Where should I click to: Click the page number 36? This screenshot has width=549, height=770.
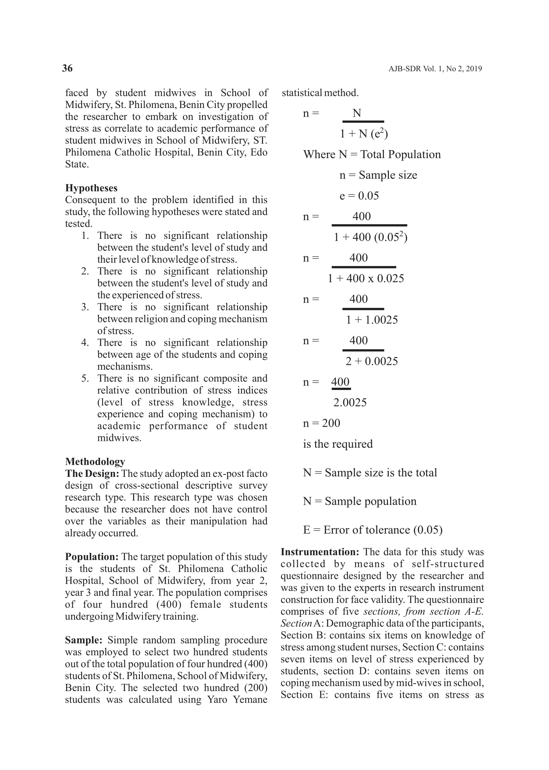[x=67, y=68]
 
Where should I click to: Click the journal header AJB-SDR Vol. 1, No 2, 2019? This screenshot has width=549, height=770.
[x=435, y=69]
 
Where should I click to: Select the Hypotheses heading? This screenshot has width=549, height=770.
[x=91, y=188]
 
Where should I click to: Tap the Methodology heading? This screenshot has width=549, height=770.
[x=95, y=462]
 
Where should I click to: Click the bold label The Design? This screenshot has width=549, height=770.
[x=92, y=474]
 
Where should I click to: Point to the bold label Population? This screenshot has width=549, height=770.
[x=91, y=557]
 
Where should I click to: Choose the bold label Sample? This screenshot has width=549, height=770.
[x=83, y=640]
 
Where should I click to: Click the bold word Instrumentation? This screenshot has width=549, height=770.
[x=320, y=552]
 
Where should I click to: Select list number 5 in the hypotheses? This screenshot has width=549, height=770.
[x=85, y=378]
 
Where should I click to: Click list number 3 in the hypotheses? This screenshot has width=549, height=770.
[x=85, y=307]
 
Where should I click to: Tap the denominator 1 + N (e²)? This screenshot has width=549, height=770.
[x=364, y=134]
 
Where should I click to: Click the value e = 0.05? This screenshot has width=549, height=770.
[x=359, y=196]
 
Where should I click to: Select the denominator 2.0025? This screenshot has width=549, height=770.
[x=350, y=403]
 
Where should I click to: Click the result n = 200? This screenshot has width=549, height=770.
[x=322, y=424]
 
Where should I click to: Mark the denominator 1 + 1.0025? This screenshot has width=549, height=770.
[x=372, y=320]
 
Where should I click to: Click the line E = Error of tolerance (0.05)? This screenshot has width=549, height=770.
[x=372, y=530]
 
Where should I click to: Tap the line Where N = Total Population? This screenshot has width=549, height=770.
[x=372, y=154]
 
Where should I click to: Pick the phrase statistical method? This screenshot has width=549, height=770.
[x=320, y=93]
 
